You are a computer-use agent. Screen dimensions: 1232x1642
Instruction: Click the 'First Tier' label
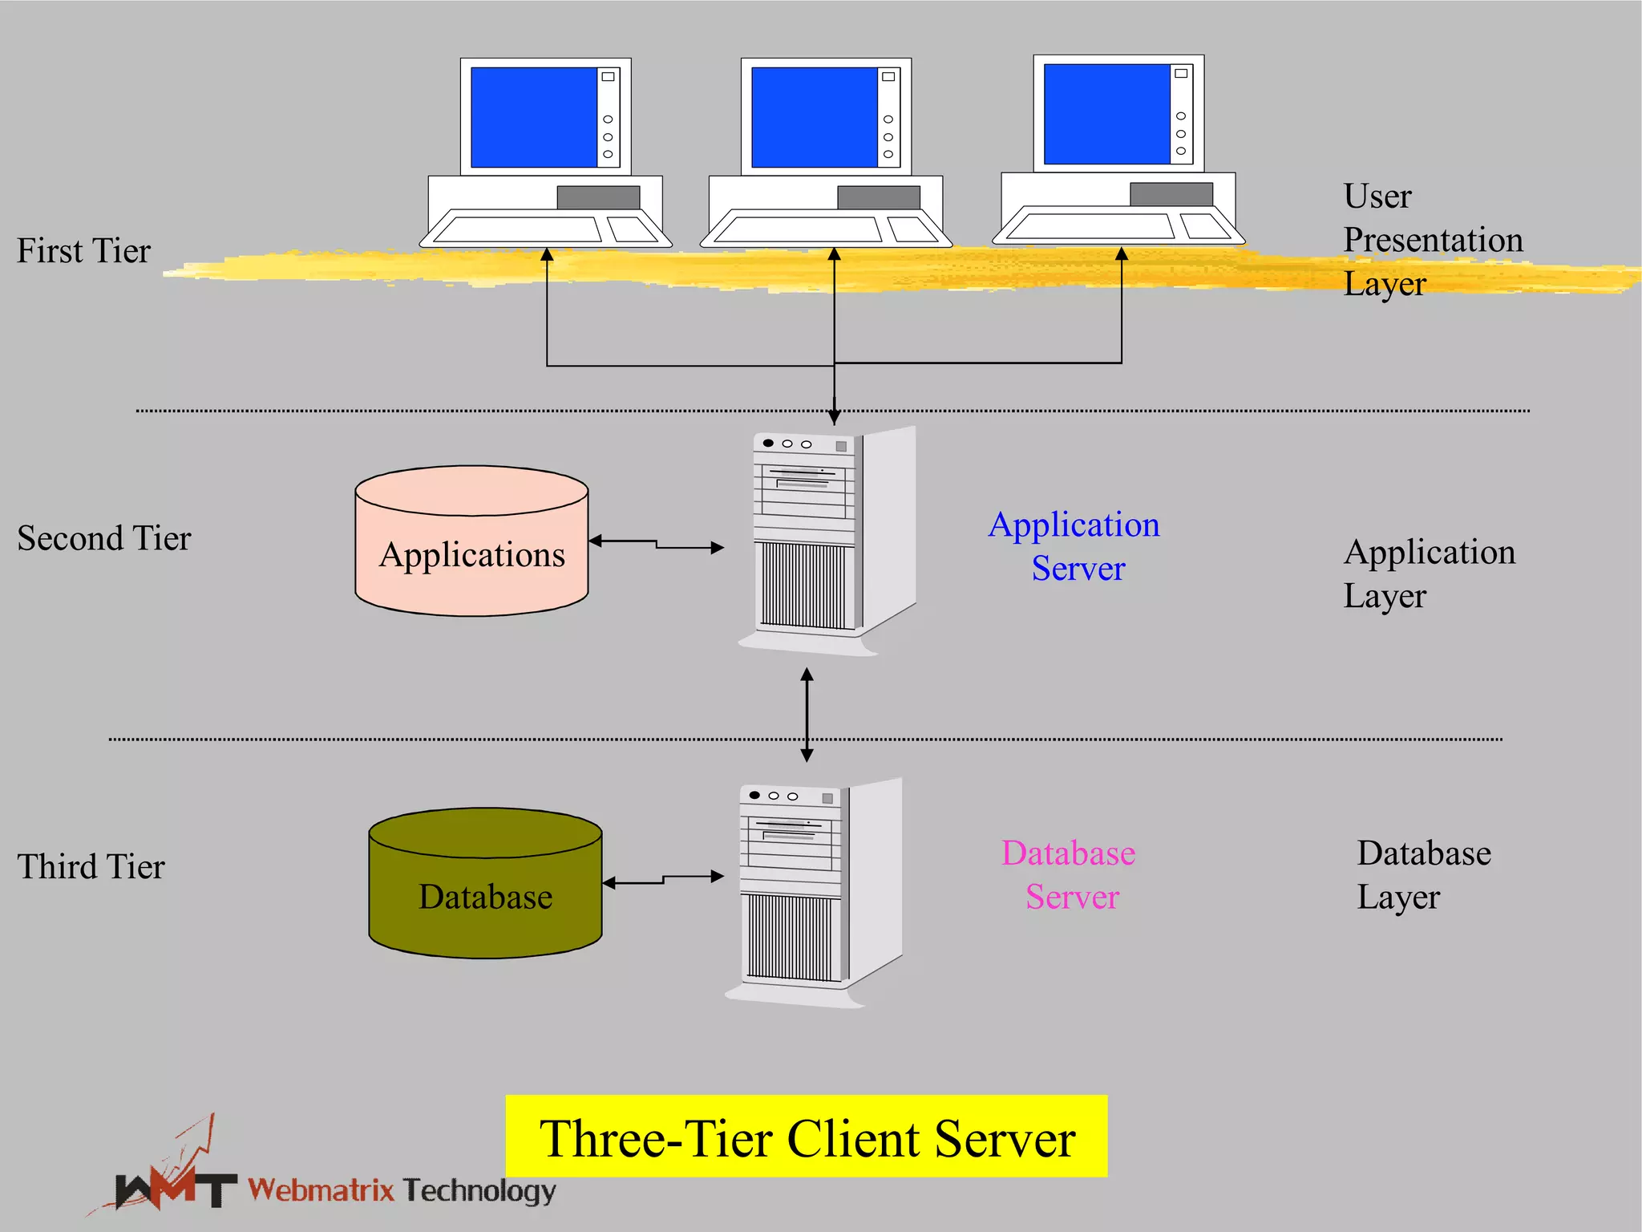(x=83, y=251)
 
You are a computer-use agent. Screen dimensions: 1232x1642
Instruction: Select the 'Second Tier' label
(x=104, y=538)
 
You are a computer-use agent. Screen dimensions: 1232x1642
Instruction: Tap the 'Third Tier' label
(x=91, y=867)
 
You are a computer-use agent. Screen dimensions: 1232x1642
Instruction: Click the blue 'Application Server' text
(x=1074, y=546)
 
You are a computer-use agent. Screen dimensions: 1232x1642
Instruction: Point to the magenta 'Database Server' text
(x=1070, y=875)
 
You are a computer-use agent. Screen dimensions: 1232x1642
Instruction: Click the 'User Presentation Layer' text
(x=1432, y=240)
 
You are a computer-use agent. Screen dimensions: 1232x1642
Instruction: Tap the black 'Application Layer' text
(x=1429, y=573)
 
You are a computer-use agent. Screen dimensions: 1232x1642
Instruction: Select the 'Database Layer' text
(x=1423, y=875)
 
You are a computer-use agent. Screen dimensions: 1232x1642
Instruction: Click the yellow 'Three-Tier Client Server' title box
(x=806, y=1137)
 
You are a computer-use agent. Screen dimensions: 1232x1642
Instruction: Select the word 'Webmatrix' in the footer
(x=321, y=1189)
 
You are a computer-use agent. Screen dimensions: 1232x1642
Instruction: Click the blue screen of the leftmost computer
(x=533, y=117)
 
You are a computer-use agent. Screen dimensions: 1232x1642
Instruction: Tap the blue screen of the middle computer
(x=814, y=117)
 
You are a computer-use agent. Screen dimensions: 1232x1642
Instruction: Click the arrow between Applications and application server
(x=657, y=545)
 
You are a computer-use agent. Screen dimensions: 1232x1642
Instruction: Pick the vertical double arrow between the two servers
(x=807, y=715)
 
